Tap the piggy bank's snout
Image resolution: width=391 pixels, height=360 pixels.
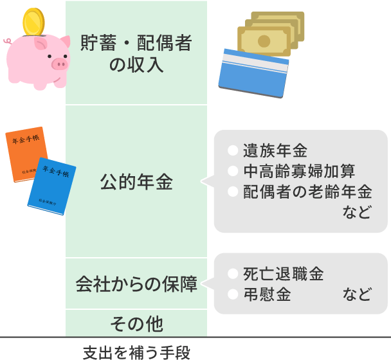59,63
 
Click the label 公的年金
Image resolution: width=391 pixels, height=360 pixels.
136,182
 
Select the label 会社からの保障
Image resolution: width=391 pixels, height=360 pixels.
136,284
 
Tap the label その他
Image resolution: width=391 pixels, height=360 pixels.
136,323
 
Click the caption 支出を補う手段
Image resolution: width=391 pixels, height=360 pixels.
136,352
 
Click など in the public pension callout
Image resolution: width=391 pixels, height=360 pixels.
357,212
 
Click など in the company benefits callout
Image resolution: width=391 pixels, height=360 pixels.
357,294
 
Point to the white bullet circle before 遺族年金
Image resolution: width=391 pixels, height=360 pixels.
233,152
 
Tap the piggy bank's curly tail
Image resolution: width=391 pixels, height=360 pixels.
7,40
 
